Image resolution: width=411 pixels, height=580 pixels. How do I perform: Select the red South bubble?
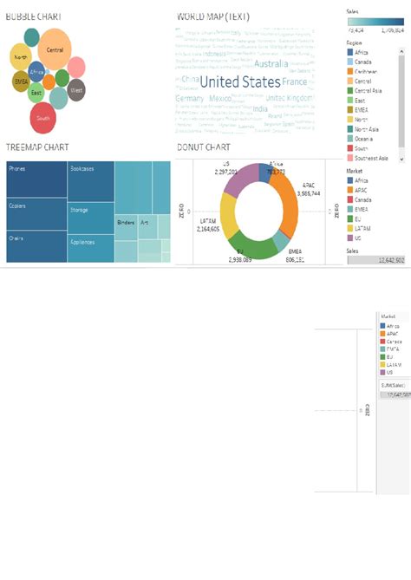(43, 117)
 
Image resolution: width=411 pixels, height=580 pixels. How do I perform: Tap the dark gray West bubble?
(76, 89)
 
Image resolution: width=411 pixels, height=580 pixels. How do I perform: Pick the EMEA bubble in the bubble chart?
(22, 81)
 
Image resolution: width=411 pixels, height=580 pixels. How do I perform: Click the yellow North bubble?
(22, 58)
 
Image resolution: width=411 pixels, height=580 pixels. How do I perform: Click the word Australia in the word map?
(271, 63)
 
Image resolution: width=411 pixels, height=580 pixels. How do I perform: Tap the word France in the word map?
(295, 81)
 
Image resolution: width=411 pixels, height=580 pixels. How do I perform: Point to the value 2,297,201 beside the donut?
(225, 171)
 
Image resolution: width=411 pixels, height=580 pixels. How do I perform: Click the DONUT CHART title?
(202, 147)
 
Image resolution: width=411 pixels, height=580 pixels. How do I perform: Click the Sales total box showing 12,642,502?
(376, 259)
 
